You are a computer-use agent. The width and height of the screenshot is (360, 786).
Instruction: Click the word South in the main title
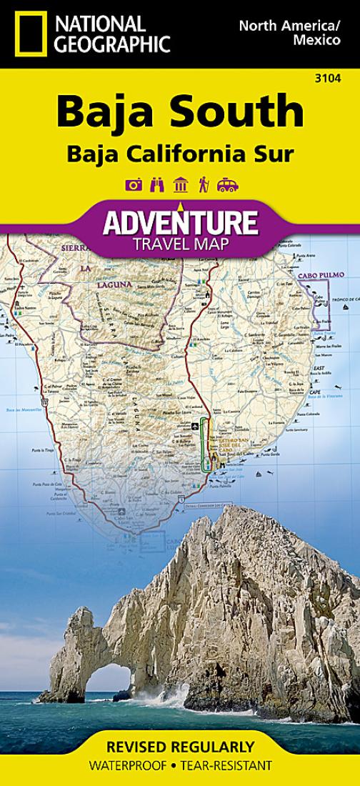click(240, 111)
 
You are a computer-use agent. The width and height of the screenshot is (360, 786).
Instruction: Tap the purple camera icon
click(133, 185)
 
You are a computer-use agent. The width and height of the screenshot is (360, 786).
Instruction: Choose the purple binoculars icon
click(157, 185)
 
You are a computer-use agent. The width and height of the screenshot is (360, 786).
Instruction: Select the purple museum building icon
click(180, 185)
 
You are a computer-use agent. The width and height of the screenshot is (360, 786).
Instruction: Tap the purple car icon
click(227, 185)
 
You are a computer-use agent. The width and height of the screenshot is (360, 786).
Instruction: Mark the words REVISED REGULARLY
click(179, 747)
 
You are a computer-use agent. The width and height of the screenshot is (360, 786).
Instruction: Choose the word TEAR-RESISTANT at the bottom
click(227, 766)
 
